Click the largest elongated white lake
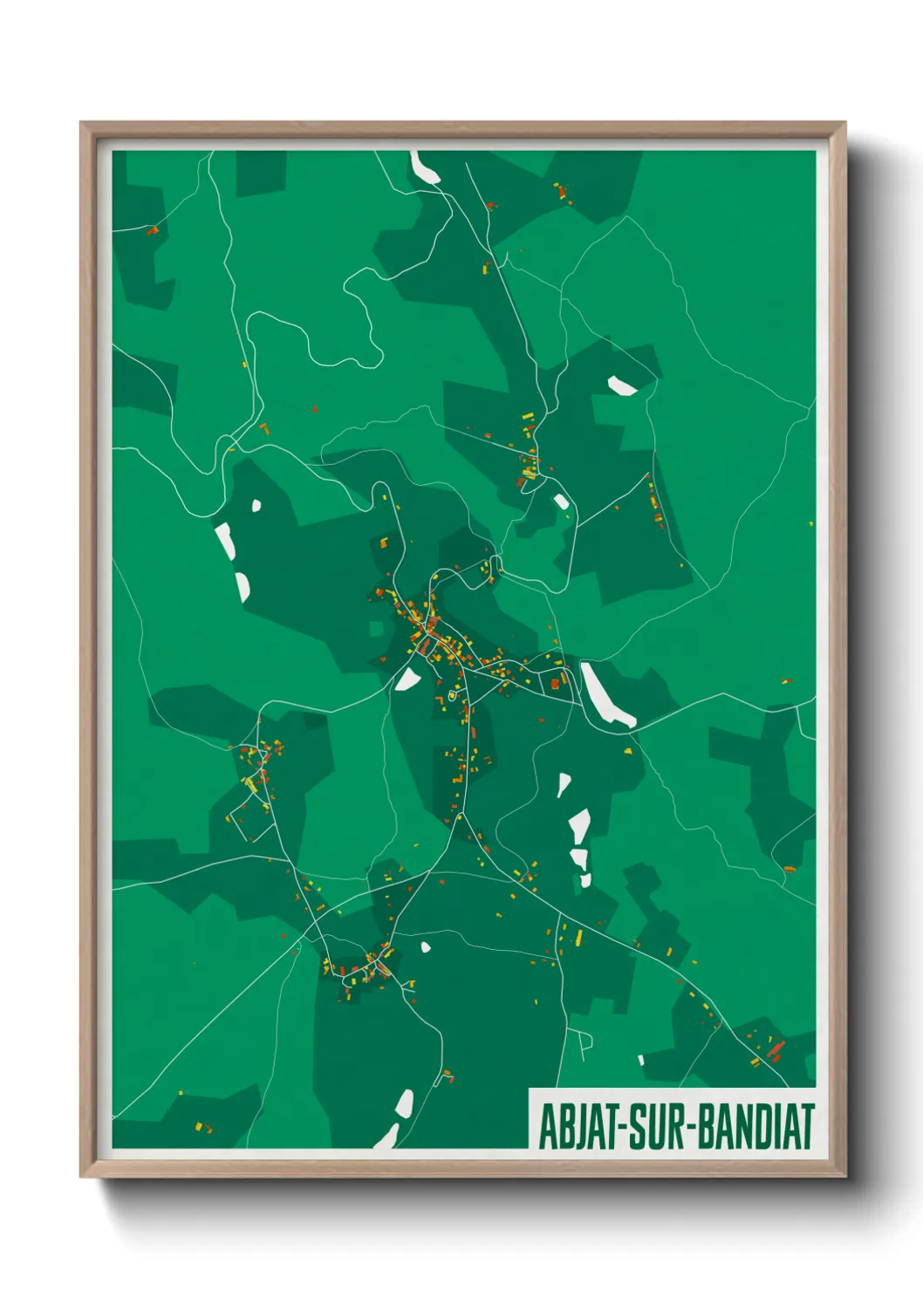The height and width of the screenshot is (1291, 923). [606, 694]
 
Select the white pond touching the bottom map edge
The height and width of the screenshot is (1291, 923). [386, 1137]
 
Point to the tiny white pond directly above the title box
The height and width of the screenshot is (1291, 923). [641, 1060]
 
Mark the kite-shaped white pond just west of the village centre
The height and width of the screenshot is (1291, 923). [407, 678]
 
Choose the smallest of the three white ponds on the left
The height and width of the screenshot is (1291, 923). [256, 505]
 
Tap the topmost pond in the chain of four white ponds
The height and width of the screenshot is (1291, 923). [564, 784]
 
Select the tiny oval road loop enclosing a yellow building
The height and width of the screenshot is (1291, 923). [452, 694]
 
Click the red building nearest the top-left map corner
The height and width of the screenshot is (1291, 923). [153, 231]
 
